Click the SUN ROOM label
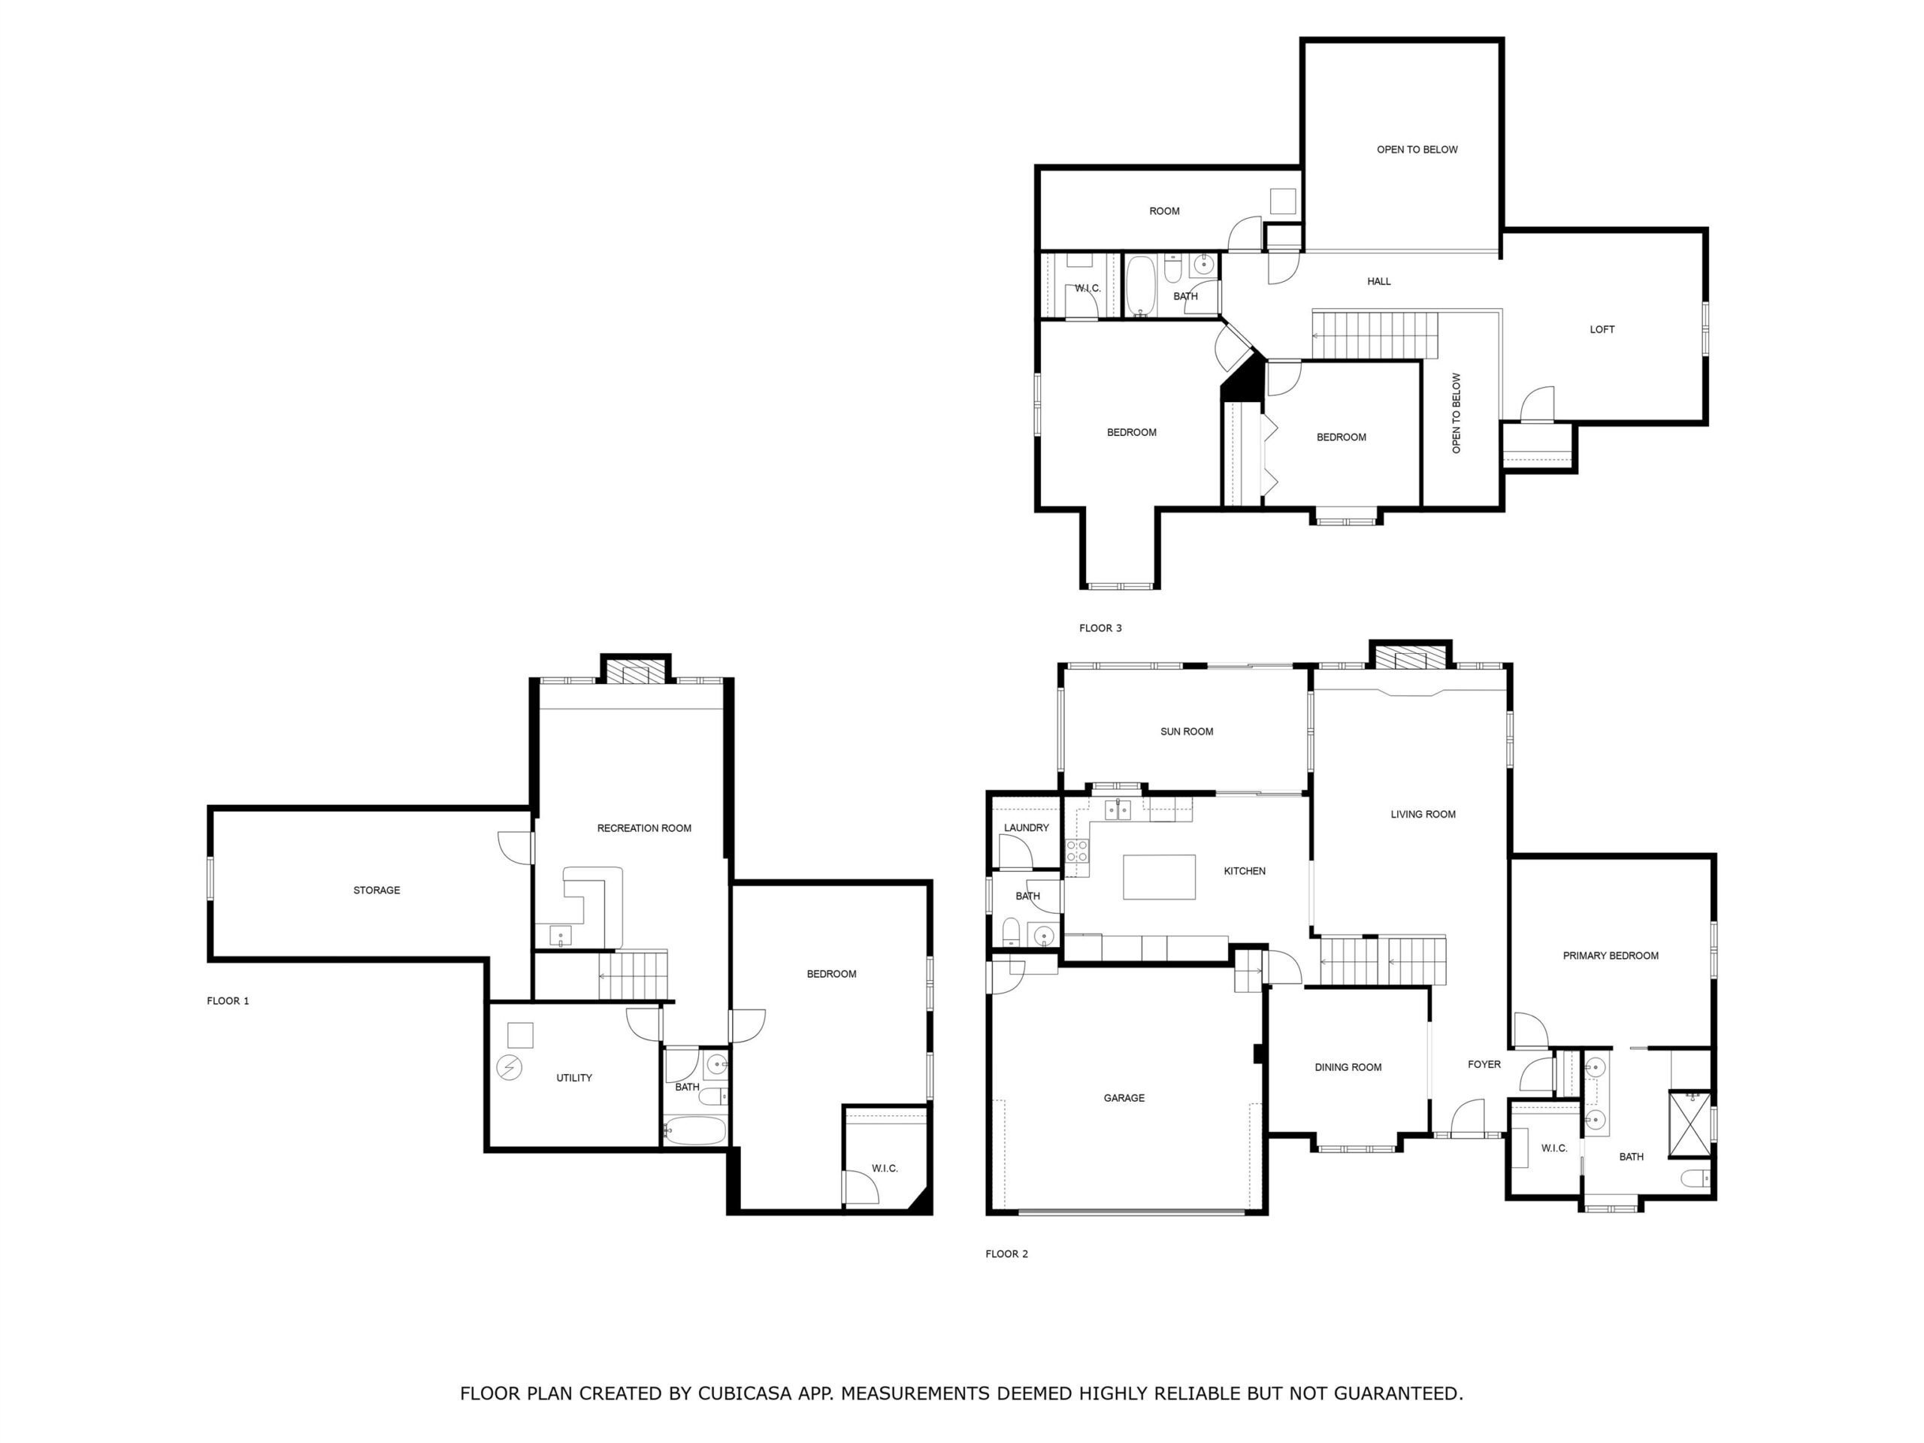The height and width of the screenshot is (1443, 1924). [1187, 731]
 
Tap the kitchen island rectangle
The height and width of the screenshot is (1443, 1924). [1159, 877]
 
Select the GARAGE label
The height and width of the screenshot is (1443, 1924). [1124, 1099]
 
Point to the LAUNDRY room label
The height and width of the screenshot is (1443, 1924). [1027, 828]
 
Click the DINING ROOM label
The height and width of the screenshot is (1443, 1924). [1348, 1067]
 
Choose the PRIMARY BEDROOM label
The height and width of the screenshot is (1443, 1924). [1611, 956]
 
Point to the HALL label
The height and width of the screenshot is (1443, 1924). [1378, 282]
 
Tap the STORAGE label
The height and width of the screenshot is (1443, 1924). [377, 891]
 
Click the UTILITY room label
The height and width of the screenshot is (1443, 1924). [574, 1078]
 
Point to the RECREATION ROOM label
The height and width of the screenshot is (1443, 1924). [643, 829]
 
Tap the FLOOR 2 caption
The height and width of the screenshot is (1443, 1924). [1006, 1254]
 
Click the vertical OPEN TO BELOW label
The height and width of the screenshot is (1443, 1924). [1456, 413]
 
